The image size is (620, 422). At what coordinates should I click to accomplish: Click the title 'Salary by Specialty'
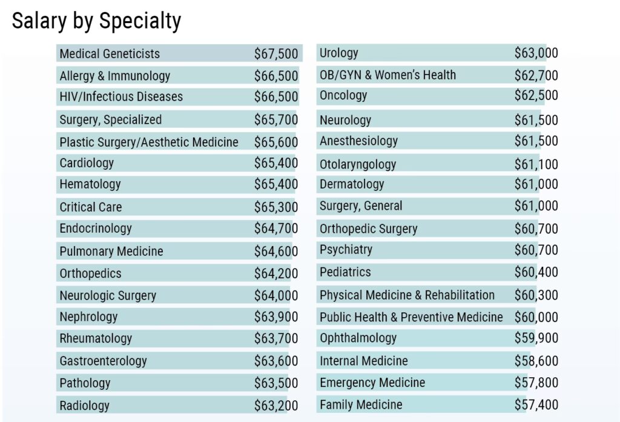coord(96,21)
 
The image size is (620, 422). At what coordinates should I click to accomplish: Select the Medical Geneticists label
coord(110,54)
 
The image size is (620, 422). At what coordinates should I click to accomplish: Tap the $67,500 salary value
coord(276,54)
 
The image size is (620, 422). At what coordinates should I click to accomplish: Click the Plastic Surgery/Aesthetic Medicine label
coord(149,142)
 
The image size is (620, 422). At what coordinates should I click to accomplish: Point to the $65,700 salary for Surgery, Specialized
coord(276,120)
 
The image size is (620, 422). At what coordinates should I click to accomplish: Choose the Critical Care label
coord(90,207)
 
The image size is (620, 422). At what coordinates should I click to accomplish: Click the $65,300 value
coord(276,207)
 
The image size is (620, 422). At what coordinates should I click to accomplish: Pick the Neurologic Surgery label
coord(108,296)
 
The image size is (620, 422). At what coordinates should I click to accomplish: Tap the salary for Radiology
coord(276,406)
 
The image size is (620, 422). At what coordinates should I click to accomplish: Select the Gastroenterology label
coord(103,361)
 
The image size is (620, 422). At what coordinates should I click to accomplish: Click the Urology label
coord(339,53)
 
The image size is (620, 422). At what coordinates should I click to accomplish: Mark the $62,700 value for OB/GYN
coord(536,76)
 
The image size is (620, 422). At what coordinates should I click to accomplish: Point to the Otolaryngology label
coord(358,164)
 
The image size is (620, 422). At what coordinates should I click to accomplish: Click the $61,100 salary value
coord(536,164)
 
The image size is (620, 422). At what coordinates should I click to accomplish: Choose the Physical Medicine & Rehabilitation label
coord(407,295)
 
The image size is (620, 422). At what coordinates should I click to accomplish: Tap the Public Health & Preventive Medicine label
coord(411,317)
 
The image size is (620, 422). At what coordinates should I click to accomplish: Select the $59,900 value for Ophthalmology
coord(536,338)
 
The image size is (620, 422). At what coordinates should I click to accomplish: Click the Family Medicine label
coord(361,404)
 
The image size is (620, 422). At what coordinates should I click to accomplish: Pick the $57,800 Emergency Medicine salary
coord(536,383)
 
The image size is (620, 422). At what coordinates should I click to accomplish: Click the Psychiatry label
coord(346,250)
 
